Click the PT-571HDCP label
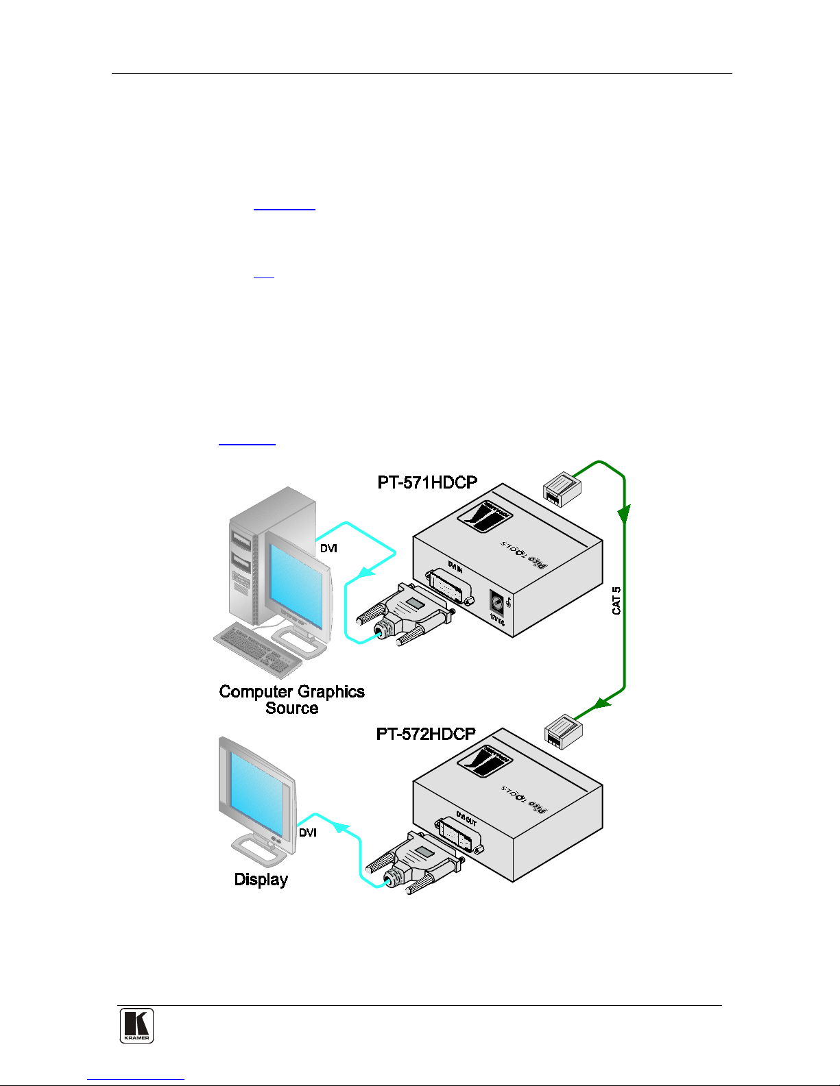pyautogui.click(x=427, y=482)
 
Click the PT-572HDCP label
pyautogui.click(x=426, y=734)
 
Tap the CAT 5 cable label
pyautogui.click(x=616, y=600)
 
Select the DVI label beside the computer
pyautogui.click(x=328, y=548)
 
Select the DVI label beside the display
pyautogui.click(x=308, y=832)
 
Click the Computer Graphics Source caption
pyautogui.click(x=291, y=700)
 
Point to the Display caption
pyautogui.click(x=261, y=879)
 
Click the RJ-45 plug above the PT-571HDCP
pyautogui.click(x=562, y=489)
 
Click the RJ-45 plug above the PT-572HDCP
pyautogui.click(x=564, y=731)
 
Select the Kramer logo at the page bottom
pyautogui.click(x=136, y=1026)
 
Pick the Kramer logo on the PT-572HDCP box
pyautogui.click(x=485, y=761)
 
